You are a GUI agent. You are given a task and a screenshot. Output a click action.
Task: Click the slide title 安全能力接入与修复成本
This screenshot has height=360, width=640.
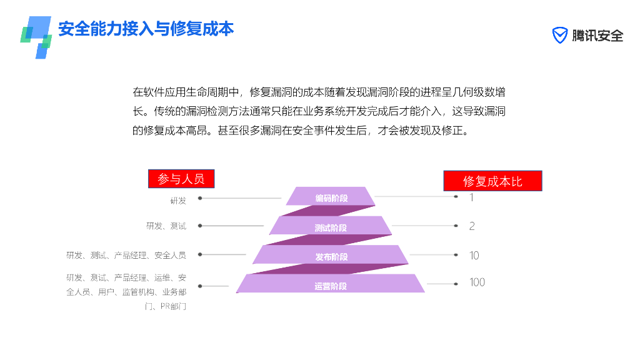146,29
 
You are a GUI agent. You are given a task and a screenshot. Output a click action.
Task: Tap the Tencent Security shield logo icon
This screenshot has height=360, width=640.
560,36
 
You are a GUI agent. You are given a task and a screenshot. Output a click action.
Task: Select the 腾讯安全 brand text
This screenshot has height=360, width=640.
597,36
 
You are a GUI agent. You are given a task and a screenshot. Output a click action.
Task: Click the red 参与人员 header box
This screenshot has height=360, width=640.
181,179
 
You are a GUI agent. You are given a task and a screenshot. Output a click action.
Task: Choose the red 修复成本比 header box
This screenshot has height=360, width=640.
492,181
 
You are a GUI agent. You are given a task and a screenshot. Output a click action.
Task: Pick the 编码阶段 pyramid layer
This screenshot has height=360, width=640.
331,197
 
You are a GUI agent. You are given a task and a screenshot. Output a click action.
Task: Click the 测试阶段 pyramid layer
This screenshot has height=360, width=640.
331,227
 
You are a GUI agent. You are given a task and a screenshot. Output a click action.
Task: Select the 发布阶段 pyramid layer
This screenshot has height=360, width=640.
331,256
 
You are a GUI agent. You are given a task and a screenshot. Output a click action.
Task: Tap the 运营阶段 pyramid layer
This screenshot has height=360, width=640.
331,286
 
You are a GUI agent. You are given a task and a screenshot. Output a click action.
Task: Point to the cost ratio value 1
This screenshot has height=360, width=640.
472,197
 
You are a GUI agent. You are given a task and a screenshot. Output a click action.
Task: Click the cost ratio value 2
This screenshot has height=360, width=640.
472,226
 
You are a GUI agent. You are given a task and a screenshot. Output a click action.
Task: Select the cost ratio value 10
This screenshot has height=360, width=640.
474,255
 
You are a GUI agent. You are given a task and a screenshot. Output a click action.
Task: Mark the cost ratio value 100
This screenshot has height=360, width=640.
477,282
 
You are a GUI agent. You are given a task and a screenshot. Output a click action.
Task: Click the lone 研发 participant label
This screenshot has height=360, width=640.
178,201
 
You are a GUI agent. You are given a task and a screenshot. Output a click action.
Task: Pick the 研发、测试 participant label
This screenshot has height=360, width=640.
166,226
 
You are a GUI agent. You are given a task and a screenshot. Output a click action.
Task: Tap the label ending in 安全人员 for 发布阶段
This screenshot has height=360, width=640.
126,255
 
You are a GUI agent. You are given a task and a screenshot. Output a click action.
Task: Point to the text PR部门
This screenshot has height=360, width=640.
173,306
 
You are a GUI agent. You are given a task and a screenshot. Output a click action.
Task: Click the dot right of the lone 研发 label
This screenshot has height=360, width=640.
200,198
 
